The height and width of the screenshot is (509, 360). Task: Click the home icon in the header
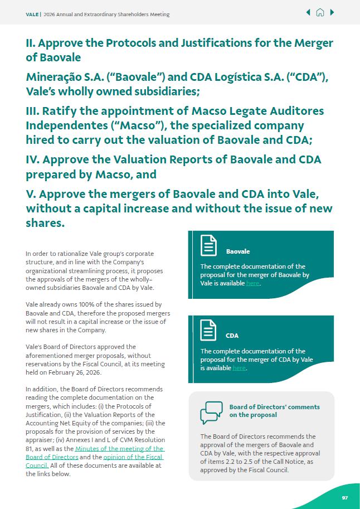(320, 13)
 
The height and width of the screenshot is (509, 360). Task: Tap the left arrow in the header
(308, 13)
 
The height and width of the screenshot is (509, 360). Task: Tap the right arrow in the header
(332, 13)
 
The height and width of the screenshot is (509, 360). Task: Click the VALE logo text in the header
(32, 14)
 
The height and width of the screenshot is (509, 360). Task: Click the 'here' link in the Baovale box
(252, 283)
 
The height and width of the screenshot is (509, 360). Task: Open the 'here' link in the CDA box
(239, 368)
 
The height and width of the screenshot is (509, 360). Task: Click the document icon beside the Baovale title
(208, 246)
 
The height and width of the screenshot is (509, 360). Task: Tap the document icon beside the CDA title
(208, 330)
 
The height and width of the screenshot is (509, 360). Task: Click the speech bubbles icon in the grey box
(211, 413)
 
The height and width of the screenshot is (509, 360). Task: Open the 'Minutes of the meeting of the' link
(119, 449)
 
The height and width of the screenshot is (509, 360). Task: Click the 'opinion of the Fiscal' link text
(133, 457)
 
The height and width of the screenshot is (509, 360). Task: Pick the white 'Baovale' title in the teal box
(238, 251)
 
